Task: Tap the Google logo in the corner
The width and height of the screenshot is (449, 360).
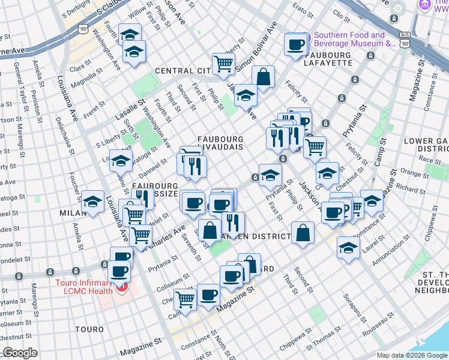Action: click(x=20, y=353)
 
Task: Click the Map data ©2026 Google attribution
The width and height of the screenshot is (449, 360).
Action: click(x=411, y=355)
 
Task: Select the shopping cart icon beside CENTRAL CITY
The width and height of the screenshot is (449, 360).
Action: click(x=223, y=63)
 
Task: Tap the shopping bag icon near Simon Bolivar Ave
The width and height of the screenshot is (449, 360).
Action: click(x=263, y=76)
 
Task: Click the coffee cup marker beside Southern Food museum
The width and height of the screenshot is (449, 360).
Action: click(x=296, y=44)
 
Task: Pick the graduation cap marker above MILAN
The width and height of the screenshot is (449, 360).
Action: click(x=92, y=202)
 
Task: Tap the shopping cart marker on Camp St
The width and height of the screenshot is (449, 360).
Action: click(x=185, y=298)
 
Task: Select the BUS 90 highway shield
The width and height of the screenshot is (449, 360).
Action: click(x=406, y=43)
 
